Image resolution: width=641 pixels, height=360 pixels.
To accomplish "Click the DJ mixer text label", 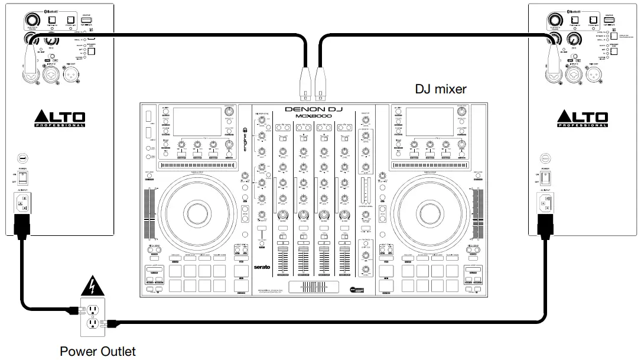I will pos(440,89).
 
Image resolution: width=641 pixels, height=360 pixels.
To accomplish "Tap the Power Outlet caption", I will pos(97,352).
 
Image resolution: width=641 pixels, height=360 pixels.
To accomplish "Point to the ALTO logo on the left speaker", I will pos(60,118).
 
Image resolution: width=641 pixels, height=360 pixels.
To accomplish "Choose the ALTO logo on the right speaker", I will pos(583,118).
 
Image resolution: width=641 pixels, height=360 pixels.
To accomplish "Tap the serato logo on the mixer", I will pos(262,267).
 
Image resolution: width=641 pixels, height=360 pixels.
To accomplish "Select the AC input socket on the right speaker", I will pos(544,205).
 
